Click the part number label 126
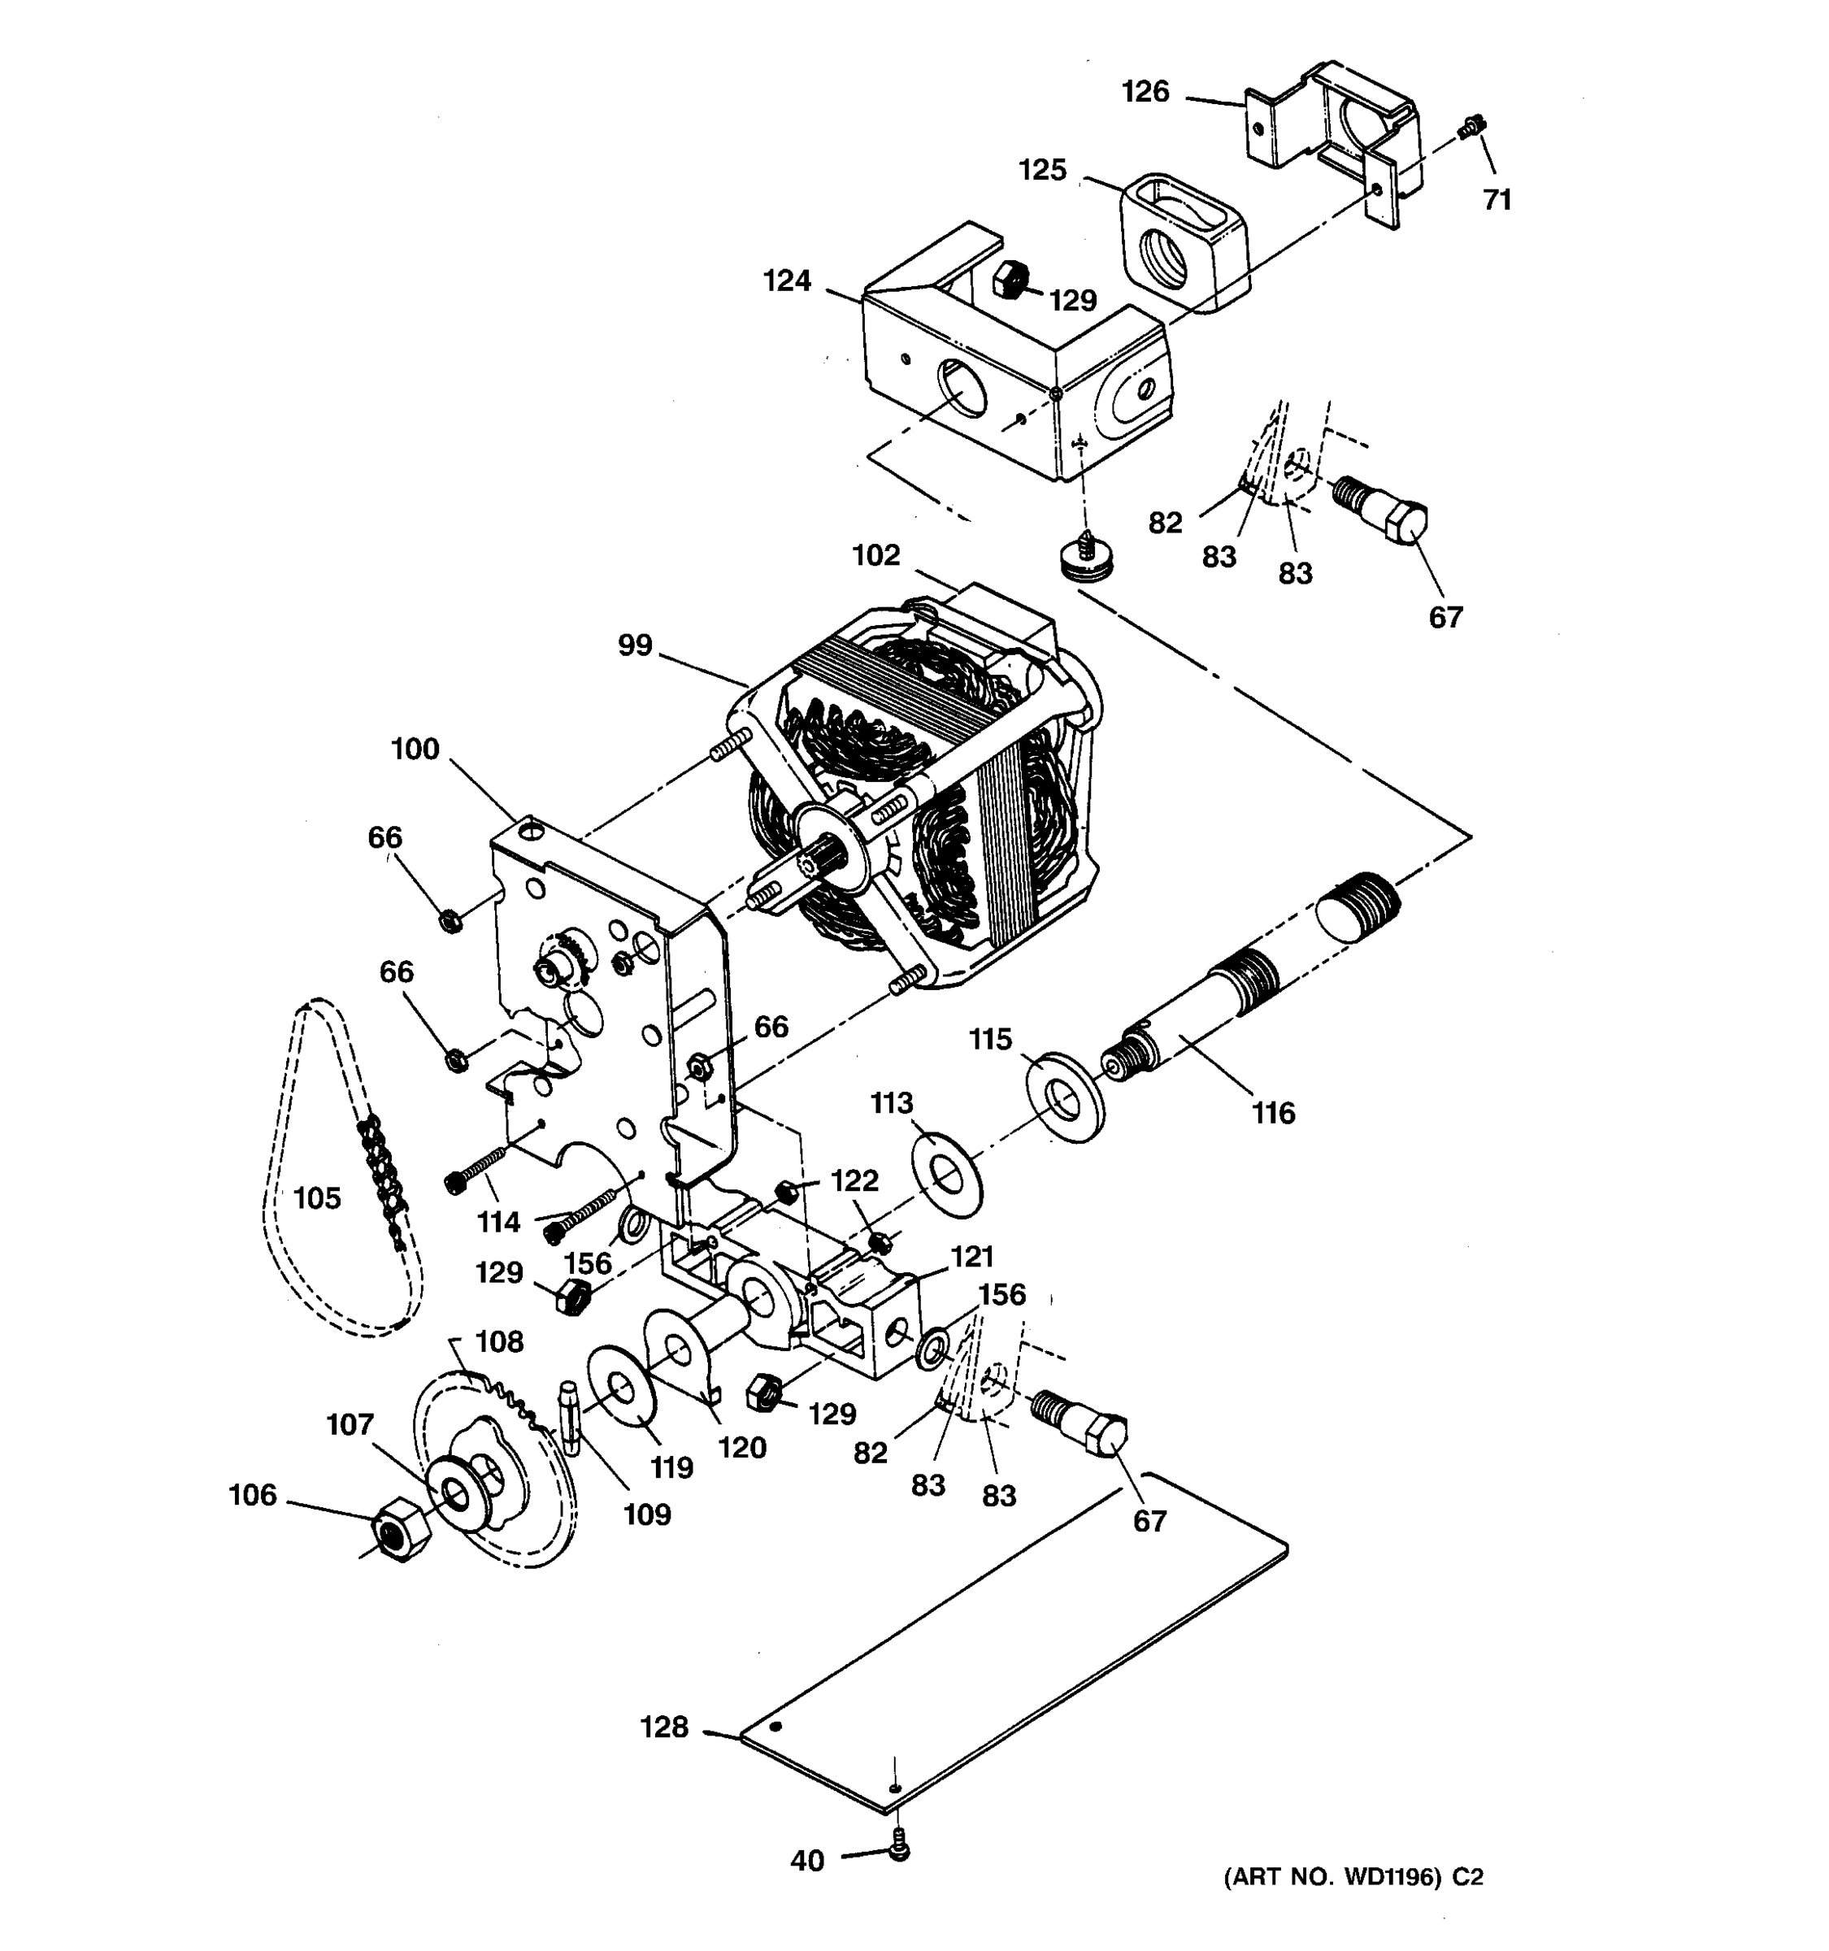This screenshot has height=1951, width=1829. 1145,92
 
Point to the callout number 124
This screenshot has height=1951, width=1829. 788,281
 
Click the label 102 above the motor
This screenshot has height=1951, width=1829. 876,555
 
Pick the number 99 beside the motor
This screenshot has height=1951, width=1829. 635,645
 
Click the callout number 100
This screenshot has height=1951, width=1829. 415,750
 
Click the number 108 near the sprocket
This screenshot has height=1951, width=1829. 499,1341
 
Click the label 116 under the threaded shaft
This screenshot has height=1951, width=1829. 1274,1113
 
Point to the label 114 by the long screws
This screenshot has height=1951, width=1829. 498,1222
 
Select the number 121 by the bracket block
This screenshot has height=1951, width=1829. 972,1256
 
